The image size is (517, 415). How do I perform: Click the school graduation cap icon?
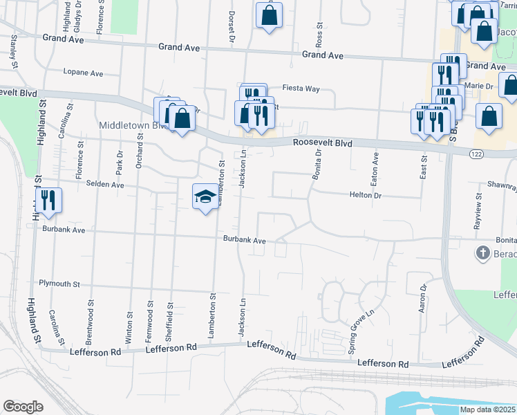(x=205, y=196)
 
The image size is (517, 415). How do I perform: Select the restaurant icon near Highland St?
(x=48, y=200)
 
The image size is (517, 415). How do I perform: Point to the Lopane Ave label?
(x=82, y=73)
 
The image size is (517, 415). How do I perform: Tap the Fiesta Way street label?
(x=301, y=89)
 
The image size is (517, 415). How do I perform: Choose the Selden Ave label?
(x=105, y=185)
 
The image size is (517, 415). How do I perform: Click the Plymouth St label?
(x=59, y=284)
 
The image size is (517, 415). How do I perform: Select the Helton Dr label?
(x=366, y=196)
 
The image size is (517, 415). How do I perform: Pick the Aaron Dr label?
(x=422, y=298)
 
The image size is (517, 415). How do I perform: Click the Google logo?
(x=23, y=407)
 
